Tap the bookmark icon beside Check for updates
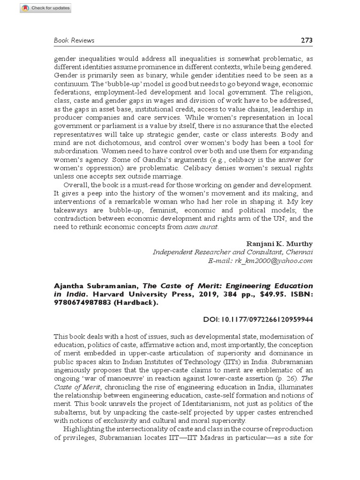tap(25, 8)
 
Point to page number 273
tap(306, 40)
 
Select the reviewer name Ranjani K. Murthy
tap(279, 244)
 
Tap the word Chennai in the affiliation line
tap(299, 253)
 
